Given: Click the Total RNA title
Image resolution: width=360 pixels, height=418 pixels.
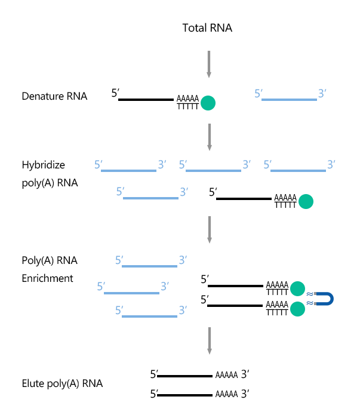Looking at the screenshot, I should click(207, 28).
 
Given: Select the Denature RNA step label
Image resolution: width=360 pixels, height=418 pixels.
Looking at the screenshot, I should click(54, 96).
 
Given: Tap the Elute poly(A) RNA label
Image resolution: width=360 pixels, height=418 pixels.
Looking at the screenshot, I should click(62, 383).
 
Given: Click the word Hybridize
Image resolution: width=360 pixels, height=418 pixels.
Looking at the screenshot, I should click(44, 165).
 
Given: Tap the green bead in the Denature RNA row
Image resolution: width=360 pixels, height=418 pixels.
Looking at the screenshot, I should click(208, 103).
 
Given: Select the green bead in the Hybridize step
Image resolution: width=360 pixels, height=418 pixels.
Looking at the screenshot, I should click(305, 202).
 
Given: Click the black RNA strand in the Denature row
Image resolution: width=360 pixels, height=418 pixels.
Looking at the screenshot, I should click(146, 100).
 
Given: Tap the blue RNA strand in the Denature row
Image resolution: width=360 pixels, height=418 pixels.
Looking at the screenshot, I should click(290, 100).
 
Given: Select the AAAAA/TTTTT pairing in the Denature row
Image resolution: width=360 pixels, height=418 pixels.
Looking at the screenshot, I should click(187, 103).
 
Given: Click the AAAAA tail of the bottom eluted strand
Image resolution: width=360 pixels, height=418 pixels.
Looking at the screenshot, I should click(226, 395).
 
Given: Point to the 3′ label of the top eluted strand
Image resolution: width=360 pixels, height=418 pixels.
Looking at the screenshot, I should click(245, 376).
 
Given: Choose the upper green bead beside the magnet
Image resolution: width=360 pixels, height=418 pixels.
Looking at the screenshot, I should click(297, 289).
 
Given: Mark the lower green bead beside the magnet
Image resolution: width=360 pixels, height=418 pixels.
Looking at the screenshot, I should click(297, 309).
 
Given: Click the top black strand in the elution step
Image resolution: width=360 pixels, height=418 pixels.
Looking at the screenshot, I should click(184, 377).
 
